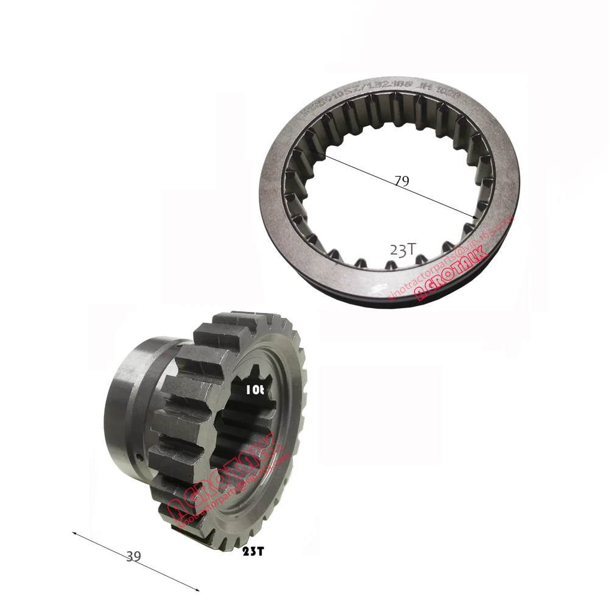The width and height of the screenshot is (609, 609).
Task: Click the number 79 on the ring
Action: [401, 181]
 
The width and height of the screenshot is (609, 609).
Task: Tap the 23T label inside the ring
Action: [403, 250]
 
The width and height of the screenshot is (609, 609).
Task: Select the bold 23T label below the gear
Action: [253, 551]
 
